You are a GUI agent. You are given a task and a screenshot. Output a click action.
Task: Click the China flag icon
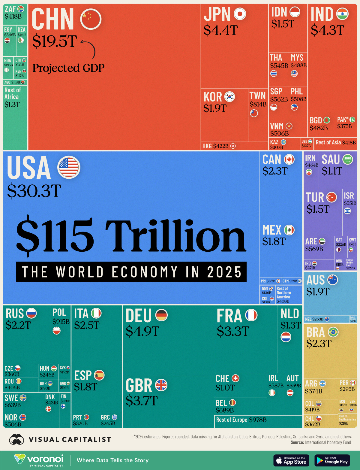91,19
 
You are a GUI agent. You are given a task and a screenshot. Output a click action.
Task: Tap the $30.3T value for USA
34,191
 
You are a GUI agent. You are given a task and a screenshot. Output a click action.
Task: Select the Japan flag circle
240,14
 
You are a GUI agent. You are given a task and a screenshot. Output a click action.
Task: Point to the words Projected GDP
68,68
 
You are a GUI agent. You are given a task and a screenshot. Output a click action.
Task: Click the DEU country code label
139,316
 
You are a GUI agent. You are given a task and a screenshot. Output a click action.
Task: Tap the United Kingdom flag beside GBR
161,385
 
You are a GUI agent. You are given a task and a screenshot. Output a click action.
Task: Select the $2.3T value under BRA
319,343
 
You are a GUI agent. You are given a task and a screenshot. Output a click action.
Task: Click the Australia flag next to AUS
333,280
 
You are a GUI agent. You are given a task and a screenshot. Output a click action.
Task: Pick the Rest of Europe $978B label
241,420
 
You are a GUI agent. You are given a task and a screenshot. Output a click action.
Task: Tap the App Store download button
291,460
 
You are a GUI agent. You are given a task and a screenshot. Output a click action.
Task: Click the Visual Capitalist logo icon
16,439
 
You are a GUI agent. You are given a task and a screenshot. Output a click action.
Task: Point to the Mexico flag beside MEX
289,230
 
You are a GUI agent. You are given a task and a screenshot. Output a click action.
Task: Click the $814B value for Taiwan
258,104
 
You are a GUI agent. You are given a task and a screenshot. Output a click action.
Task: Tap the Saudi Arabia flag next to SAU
348,159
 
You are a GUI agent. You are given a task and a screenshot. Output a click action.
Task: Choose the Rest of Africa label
13,93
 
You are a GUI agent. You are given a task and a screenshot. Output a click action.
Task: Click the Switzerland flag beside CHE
235,378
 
